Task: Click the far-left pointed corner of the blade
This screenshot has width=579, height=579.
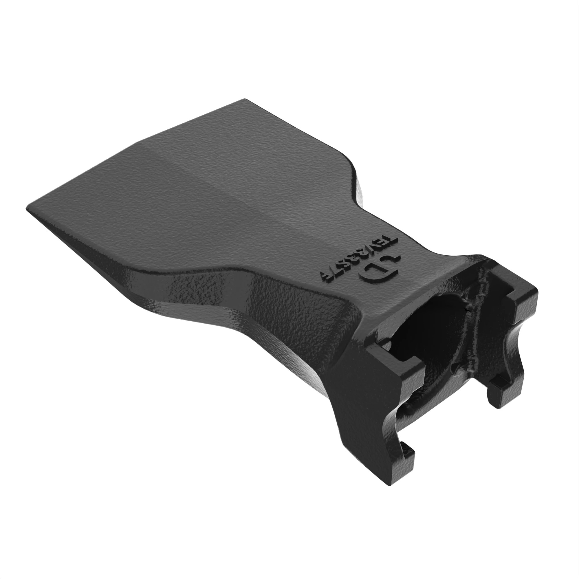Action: coord(28,209)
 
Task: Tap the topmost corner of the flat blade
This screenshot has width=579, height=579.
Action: coord(245,100)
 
